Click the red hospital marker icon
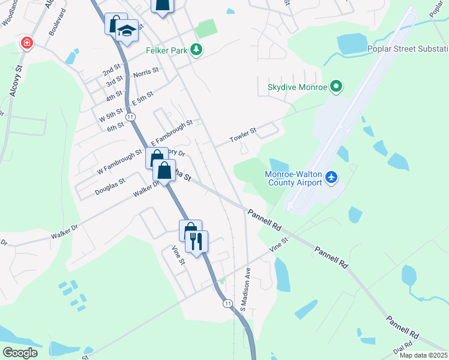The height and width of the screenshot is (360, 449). point(26,43)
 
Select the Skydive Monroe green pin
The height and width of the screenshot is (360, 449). point(336,88)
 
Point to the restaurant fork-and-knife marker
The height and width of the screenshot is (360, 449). point(196,241)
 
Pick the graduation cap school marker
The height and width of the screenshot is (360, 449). point(127,30)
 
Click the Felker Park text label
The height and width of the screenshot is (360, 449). point(166,51)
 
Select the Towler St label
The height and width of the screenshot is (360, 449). point(243,135)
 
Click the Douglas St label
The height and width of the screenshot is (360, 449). point(110,186)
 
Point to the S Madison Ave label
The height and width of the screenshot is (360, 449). point(245,289)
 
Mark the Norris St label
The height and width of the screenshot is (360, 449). point(146,72)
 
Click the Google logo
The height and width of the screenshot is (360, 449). point(20,353)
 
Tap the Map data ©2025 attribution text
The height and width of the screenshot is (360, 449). point(424,355)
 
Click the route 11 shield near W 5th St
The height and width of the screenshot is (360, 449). point(130,116)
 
